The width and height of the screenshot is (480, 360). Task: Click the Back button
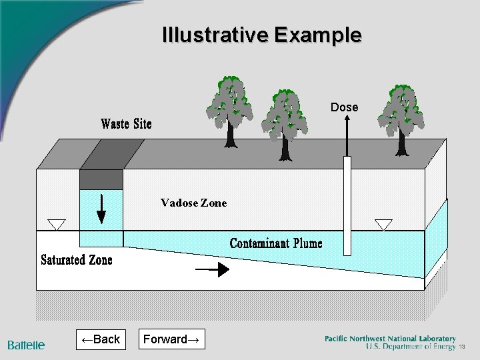[x=100, y=339]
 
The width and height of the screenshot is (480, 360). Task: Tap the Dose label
[x=345, y=107]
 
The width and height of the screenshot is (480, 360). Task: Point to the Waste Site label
[x=126, y=124]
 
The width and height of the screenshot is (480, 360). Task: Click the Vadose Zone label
[x=193, y=203]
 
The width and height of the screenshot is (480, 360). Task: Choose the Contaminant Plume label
[x=276, y=243]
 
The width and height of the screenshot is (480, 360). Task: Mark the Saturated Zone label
[x=77, y=260]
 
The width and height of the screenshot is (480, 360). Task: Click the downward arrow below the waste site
[x=101, y=208]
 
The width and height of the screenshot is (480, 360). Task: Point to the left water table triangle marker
[x=56, y=224]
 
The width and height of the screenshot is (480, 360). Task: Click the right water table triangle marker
[x=384, y=225]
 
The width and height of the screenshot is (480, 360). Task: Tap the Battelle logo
[x=27, y=345]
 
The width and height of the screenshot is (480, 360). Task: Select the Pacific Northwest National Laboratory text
[x=390, y=339]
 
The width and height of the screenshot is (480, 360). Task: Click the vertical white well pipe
[x=347, y=207]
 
